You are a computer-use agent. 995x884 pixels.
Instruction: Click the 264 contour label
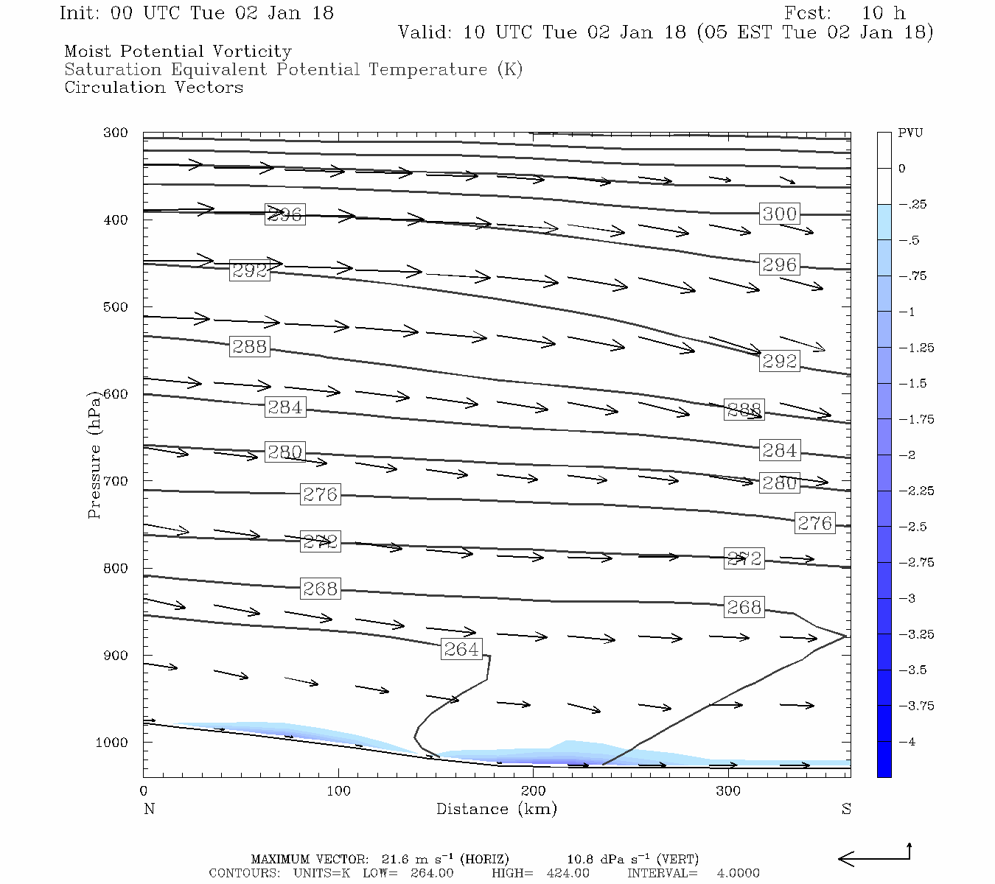tap(461, 649)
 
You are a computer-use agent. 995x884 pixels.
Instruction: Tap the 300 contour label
tap(779, 214)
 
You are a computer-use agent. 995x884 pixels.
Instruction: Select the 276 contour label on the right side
tap(814, 523)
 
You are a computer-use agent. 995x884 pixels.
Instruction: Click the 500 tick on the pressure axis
tap(115, 307)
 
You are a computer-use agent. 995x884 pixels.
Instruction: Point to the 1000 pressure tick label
tap(111, 743)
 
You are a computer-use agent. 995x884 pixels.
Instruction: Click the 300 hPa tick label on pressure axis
tap(115, 133)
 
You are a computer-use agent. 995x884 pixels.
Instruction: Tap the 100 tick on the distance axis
tap(339, 791)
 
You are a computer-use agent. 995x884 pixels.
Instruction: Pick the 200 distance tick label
tap(534, 791)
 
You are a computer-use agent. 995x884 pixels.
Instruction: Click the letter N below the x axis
tap(149, 809)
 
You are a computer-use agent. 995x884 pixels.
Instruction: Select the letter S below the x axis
tap(846, 809)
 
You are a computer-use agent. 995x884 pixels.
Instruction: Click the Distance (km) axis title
tap(496, 809)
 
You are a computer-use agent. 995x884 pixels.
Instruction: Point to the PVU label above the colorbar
tap(910, 133)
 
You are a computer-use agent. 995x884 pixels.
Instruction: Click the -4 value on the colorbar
tap(910, 742)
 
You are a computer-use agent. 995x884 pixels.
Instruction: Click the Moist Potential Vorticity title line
tap(178, 52)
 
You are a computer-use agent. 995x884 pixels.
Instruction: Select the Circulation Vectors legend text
tap(153, 87)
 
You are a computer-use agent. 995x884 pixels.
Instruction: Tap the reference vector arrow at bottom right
tap(873, 857)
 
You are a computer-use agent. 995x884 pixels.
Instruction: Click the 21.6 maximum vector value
tap(395, 859)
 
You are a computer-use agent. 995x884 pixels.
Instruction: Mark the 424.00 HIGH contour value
tap(568, 873)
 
